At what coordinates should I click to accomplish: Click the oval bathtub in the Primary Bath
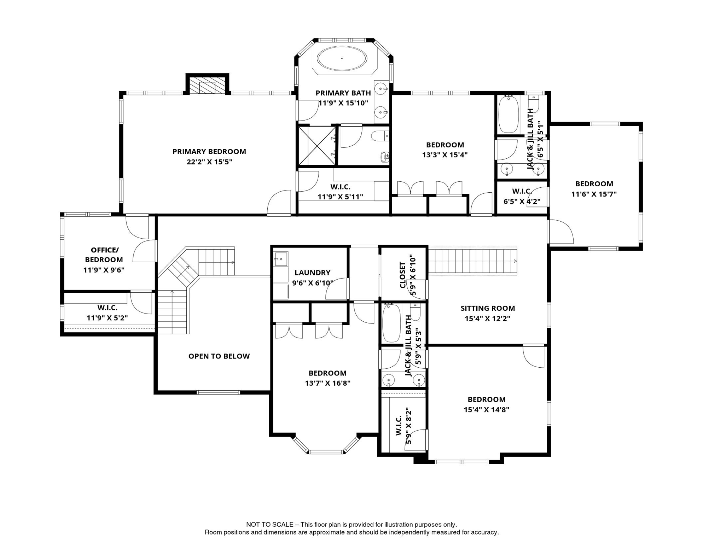[342, 58]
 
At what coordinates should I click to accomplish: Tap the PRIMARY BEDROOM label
[209, 152]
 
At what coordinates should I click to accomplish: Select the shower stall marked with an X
[317, 146]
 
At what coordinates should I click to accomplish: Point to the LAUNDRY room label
[313, 273]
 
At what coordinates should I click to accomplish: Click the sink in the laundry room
[281, 259]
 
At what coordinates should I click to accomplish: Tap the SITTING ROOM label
[488, 308]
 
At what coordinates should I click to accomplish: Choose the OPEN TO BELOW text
[219, 356]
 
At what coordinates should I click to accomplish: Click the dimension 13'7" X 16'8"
[328, 383]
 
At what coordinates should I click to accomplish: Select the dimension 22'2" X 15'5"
[209, 162]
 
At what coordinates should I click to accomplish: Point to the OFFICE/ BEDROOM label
[104, 255]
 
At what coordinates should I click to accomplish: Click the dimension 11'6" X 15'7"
[594, 194]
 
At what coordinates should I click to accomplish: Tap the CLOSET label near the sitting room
[402, 275]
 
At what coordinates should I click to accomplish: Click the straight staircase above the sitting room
[473, 261]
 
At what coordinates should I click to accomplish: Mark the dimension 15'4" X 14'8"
[487, 410]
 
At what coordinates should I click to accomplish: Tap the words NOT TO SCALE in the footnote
[270, 525]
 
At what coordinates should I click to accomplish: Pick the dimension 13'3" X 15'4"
[445, 155]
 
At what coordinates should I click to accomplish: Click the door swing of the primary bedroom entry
[279, 202]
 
